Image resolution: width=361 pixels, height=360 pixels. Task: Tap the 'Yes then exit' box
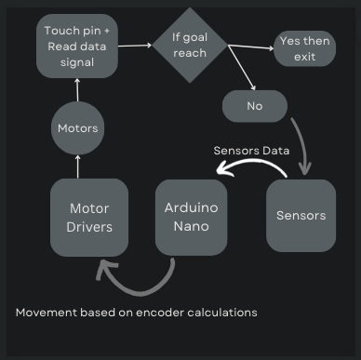pyautogui.click(x=306, y=48)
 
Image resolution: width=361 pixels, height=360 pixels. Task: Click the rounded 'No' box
pyautogui.click(x=254, y=105)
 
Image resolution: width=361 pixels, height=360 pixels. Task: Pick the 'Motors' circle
pyautogui.click(x=77, y=129)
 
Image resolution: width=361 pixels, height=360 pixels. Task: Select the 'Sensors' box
pyautogui.click(x=301, y=215)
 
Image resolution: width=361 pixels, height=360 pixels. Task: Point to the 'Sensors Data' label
pyautogui.click(x=251, y=150)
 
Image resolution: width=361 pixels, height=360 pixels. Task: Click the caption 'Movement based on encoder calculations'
pyautogui.click(x=136, y=313)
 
